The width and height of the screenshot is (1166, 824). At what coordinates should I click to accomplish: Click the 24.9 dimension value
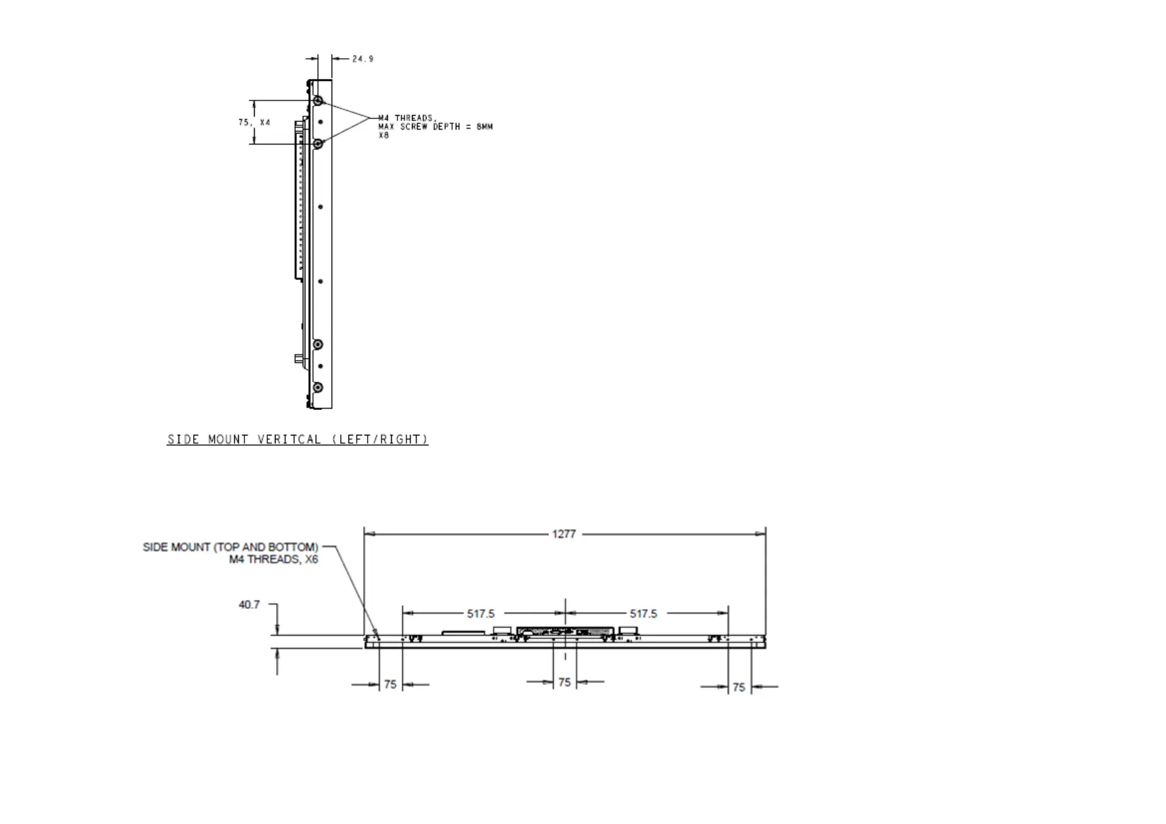(x=363, y=59)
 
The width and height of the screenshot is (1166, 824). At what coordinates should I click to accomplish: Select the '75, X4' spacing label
(x=254, y=123)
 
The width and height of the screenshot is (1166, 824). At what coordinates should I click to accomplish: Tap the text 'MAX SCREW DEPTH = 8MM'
(x=435, y=127)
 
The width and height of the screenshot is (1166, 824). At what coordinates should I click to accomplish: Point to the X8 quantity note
(x=384, y=135)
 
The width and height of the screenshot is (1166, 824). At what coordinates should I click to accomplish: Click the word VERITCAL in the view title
(x=289, y=439)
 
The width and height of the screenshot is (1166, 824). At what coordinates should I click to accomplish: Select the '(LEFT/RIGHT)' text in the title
(x=380, y=439)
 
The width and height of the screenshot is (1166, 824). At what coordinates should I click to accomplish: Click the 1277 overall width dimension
(x=564, y=534)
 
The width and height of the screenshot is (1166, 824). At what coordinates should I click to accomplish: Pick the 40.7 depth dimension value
(x=249, y=604)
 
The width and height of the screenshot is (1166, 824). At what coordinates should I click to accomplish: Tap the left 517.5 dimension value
(x=481, y=613)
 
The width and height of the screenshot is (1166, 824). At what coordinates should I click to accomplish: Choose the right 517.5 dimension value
(x=643, y=613)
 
